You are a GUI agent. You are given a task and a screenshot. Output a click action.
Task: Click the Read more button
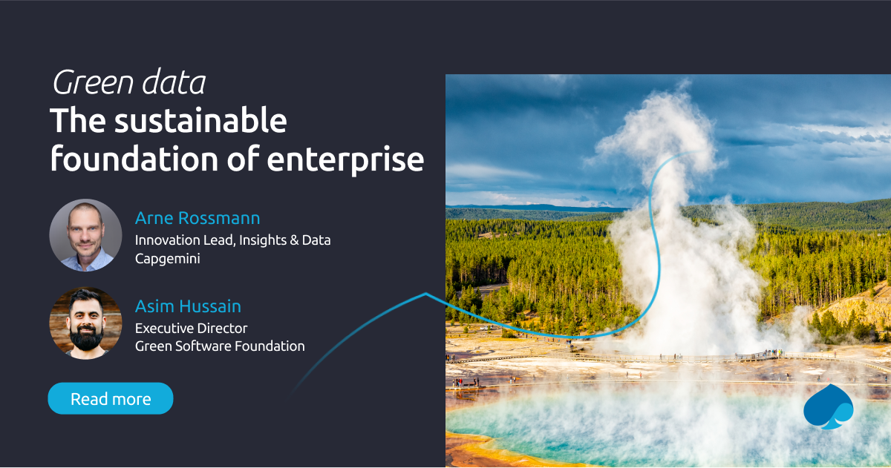[x=111, y=398]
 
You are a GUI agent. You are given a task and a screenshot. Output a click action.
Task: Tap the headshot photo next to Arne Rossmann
[x=85, y=235]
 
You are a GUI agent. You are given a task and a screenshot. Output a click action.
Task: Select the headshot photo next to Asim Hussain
[x=85, y=323]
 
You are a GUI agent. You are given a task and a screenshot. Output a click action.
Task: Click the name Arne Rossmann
[x=198, y=218]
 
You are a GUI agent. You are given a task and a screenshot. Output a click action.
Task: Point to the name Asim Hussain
[x=188, y=306]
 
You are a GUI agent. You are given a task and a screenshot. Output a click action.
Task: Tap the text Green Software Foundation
[x=220, y=346]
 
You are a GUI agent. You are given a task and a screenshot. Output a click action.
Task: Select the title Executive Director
[x=191, y=328]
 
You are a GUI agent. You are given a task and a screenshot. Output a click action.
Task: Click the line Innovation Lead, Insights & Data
[x=232, y=240]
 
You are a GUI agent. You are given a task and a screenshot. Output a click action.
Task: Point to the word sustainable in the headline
[x=199, y=121]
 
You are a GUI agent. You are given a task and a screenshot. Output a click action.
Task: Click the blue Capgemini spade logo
[x=828, y=407]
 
